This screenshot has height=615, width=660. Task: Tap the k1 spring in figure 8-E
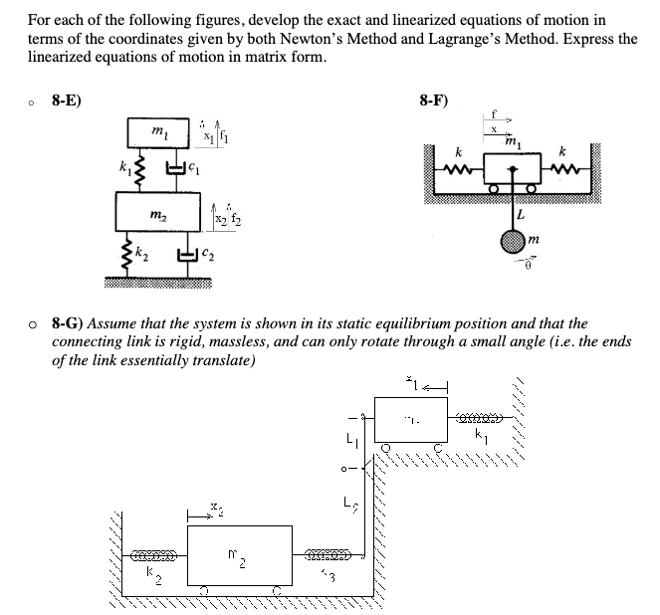point(137,170)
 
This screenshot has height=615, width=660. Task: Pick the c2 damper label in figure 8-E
point(208,257)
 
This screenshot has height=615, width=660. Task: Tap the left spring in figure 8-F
point(458,169)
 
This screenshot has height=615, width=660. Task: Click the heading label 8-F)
point(434,101)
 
